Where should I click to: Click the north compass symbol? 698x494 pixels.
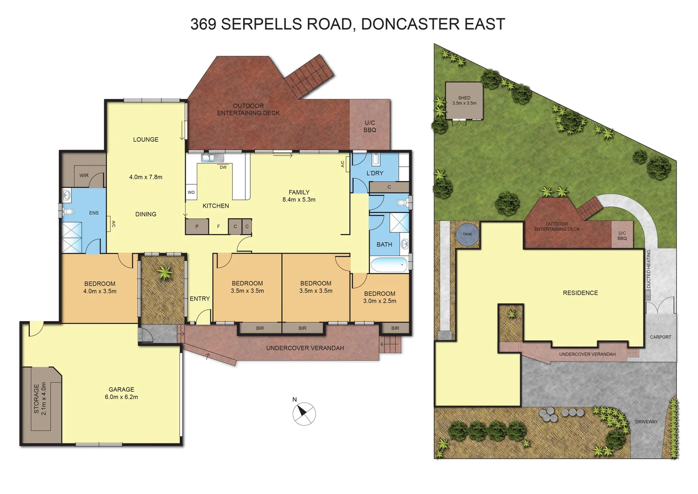(304, 413)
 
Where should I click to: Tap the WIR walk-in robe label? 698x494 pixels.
(84, 176)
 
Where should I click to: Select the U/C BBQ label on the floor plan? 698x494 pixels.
(370, 126)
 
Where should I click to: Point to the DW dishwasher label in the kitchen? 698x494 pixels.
(223, 167)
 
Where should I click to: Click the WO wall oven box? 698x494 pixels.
(191, 193)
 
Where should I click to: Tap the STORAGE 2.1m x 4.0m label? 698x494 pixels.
(40, 398)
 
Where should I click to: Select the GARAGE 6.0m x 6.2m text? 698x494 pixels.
(121, 393)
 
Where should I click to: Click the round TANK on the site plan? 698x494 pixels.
(467, 234)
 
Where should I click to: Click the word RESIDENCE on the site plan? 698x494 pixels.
(580, 293)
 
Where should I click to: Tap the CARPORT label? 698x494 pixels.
(660, 337)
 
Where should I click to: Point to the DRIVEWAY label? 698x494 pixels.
(646, 422)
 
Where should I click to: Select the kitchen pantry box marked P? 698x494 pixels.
(197, 226)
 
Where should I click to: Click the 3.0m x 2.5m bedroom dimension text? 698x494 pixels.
(380, 301)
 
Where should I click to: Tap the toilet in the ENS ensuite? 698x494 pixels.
(69, 212)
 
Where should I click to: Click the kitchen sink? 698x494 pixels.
(213, 158)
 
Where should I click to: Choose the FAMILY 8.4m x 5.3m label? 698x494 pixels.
(299, 196)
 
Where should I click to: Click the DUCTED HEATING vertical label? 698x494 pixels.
(648, 269)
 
